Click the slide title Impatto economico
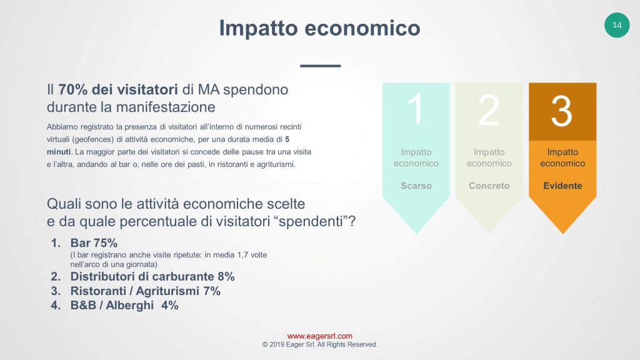pyautogui.click(x=319, y=27)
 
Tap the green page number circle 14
pyautogui.click(x=617, y=25)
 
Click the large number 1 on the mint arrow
pyautogui.click(x=416, y=109)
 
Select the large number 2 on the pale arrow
pyautogui.click(x=489, y=110)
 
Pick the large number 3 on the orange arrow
pyautogui.click(x=562, y=111)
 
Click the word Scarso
pyautogui.click(x=416, y=186)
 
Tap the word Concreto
pyautogui.click(x=489, y=186)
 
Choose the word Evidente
pyautogui.click(x=562, y=186)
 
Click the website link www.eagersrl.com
pyautogui.click(x=319, y=336)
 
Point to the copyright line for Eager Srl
pyautogui.click(x=319, y=344)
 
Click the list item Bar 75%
pyautogui.click(x=94, y=243)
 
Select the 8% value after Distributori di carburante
pyautogui.click(x=226, y=277)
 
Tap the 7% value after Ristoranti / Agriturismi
pyautogui.click(x=212, y=291)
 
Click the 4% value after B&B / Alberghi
pyautogui.click(x=170, y=305)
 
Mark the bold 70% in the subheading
pyautogui.click(x=72, y=89)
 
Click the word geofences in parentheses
pyautogui.click(x=93, y=139)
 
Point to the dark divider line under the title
pyautogui.click(x=321, y=66)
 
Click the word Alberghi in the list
pyautogui.click(x=130, y=305)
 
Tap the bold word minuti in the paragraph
pyautogui.click(x=59, y=152)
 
